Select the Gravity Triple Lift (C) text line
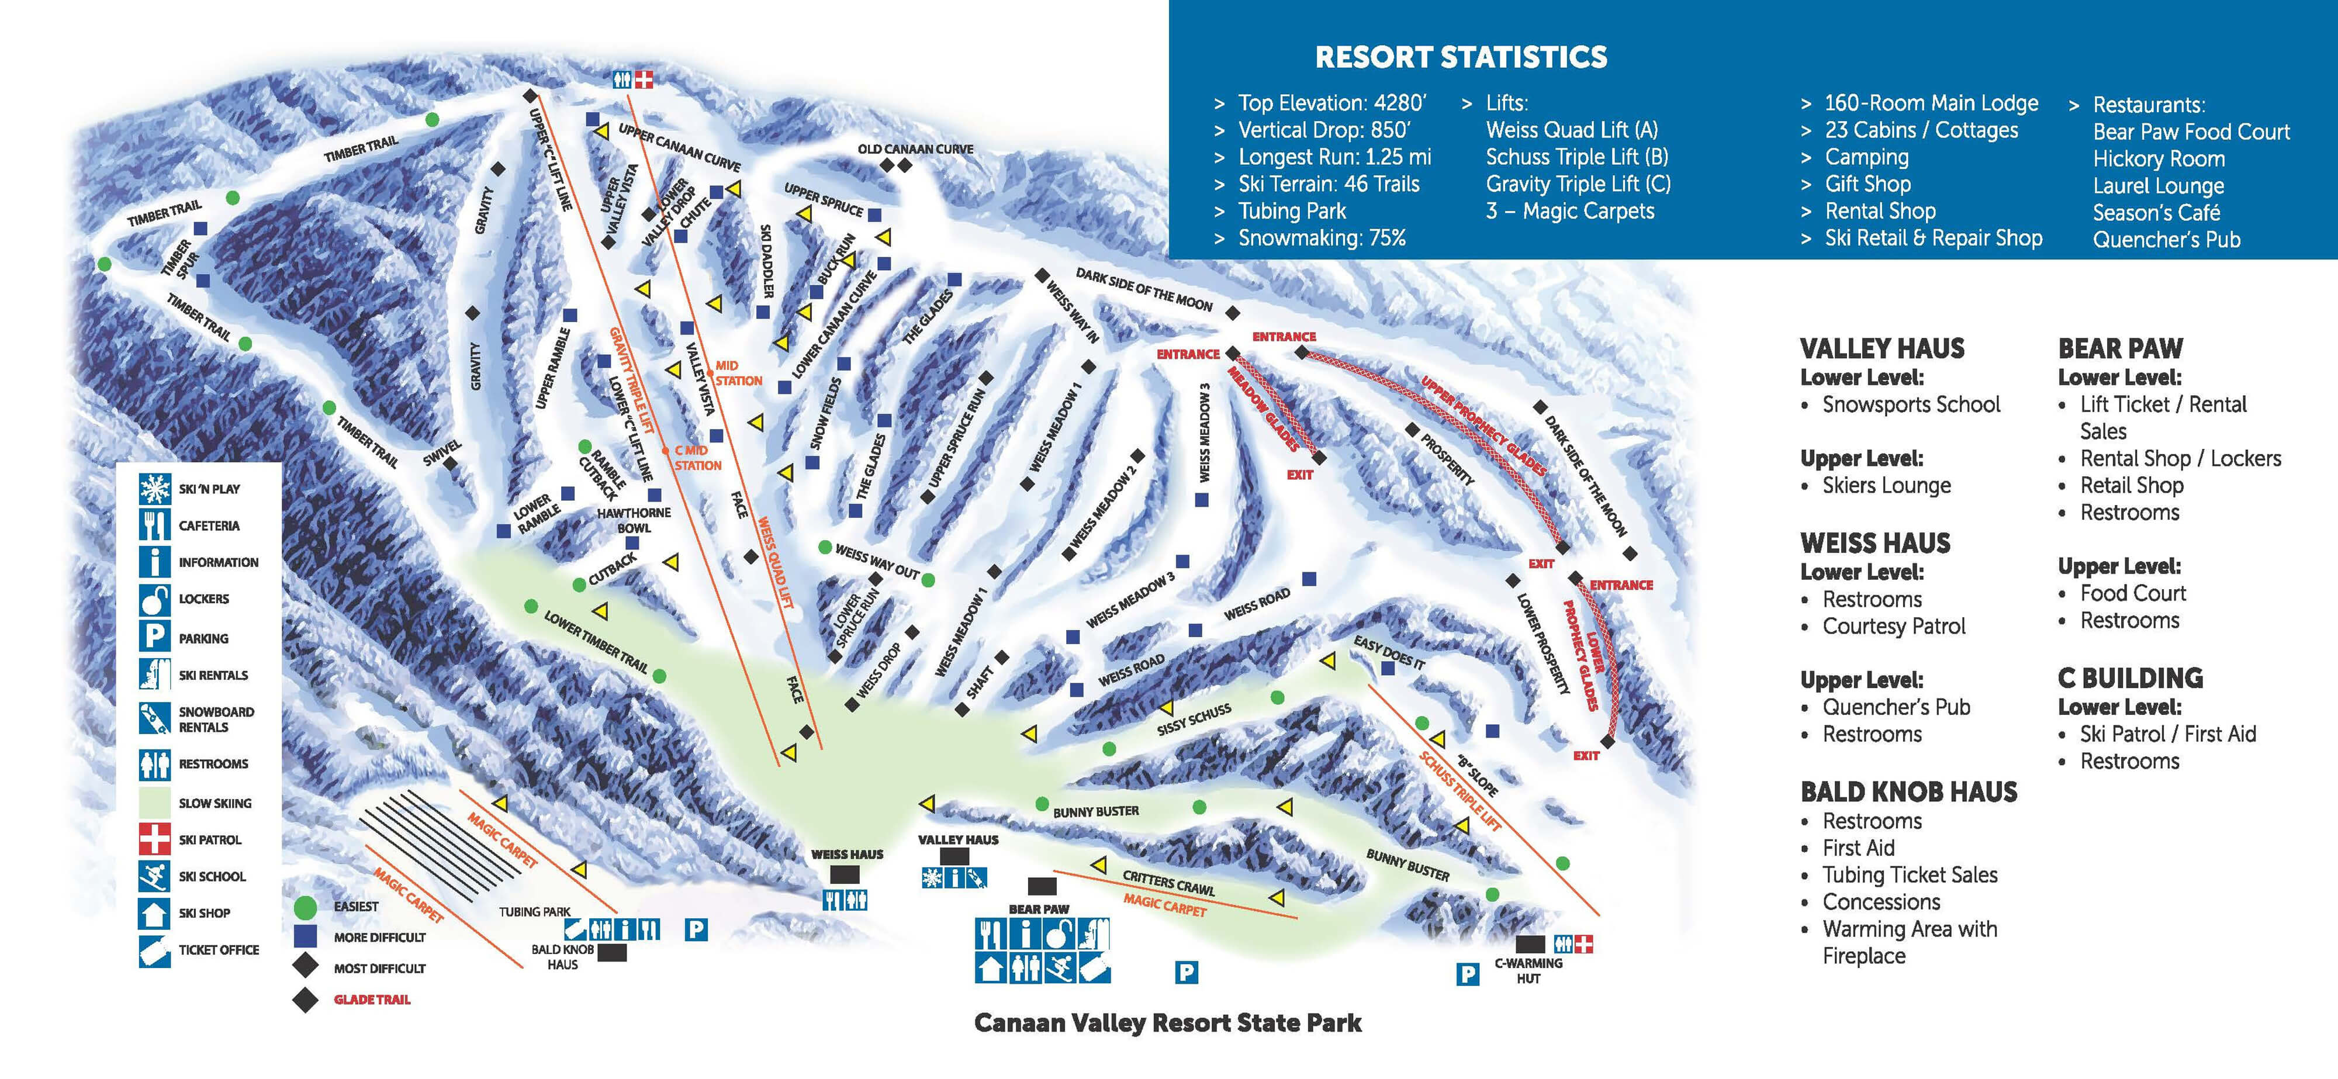(1578, 184)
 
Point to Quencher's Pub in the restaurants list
(2166, 240)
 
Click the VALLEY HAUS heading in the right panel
(1882, 348)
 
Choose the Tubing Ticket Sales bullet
(1910, 875)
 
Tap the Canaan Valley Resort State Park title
(1167, 1023)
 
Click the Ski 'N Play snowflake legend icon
(154, 488)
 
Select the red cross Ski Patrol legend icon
(154, 839)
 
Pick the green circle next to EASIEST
(306, 907)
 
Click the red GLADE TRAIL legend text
(372, 999)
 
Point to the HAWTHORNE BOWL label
(634, 520)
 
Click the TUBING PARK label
(535, 911)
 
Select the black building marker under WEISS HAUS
(845, 874)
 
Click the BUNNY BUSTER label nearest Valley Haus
(1095, 811)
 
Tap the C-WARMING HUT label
(1528, 970)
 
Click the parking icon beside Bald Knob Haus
(696, 929)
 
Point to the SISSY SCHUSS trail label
(1194, 719)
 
